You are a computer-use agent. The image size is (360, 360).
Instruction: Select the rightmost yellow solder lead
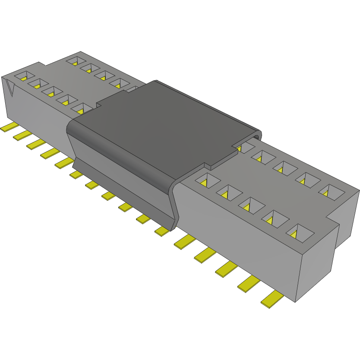tap(272, 299)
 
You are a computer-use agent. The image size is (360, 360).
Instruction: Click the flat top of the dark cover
tap(168, 125)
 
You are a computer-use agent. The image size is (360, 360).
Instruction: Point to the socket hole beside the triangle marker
tap(24, 76)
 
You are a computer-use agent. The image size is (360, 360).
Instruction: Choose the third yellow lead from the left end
tap(36, 144)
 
